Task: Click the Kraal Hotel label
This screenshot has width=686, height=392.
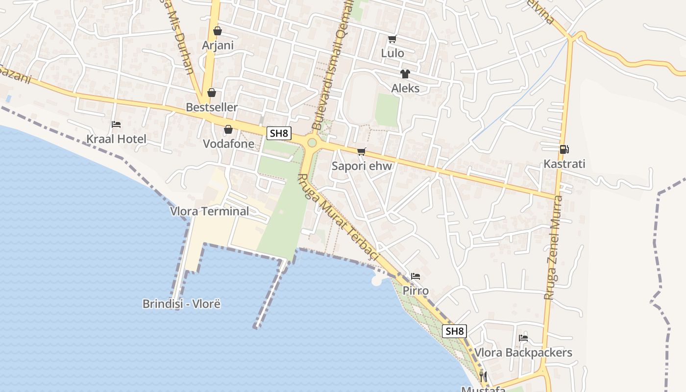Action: [116, 139]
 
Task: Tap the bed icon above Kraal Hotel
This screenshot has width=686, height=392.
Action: [116, 124]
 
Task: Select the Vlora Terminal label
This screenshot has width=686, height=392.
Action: [209, 212]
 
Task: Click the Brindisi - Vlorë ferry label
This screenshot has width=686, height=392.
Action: [181, 304]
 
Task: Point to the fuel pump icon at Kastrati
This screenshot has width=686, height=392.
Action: [564, 149]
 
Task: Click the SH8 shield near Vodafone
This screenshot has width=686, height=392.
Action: [279, 133]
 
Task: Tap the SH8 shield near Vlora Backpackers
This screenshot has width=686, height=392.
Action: [454, 331]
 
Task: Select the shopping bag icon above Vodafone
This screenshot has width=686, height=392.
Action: [228, 129]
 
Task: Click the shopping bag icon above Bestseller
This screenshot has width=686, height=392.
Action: [212, 93]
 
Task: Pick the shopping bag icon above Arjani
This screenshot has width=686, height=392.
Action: [218, 31]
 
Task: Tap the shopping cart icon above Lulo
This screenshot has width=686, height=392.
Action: [392, 39]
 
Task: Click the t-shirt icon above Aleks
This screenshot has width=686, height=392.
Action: [405, 74]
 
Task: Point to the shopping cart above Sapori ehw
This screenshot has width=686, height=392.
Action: [362, 151]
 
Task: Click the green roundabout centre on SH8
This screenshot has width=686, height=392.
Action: [312, 143]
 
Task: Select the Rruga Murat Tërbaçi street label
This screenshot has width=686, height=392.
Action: [339, 217]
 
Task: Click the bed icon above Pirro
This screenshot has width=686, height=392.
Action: [416, 276]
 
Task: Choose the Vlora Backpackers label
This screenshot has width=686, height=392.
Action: [523, 353]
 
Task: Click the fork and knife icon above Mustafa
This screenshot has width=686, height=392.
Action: [483, 376]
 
